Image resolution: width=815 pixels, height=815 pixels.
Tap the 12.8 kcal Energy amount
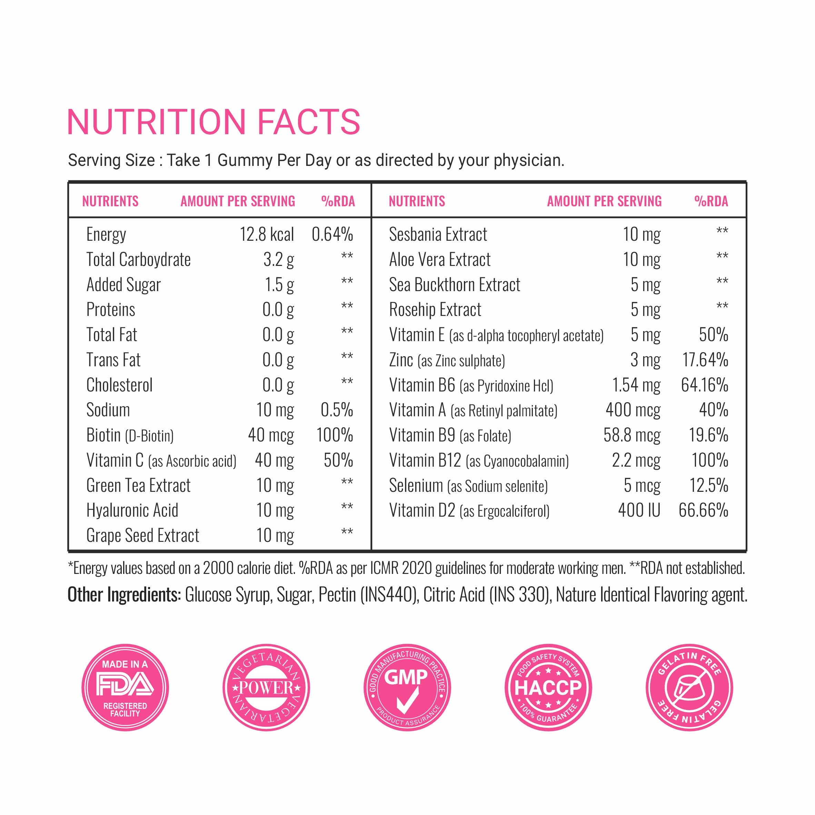tap(267, 235)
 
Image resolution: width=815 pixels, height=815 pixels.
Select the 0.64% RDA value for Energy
tap(332, 235)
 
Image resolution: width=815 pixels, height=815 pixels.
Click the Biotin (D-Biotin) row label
tap(130, 435)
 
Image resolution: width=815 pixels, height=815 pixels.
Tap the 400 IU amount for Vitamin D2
tap(639, 510)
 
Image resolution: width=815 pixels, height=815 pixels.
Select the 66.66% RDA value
tap(703, 510)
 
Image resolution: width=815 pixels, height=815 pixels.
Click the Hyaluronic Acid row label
tap(132, 510)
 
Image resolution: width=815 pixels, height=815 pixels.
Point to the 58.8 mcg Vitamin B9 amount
tap(632, 435)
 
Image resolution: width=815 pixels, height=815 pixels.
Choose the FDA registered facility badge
tap(125, 688)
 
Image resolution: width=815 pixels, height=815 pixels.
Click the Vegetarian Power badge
tap(266, 688)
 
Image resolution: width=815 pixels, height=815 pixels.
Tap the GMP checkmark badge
tap(407, 688)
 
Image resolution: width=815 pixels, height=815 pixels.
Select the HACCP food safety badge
tap(548, 688)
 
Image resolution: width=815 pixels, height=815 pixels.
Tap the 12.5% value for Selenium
tap(708, 486)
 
